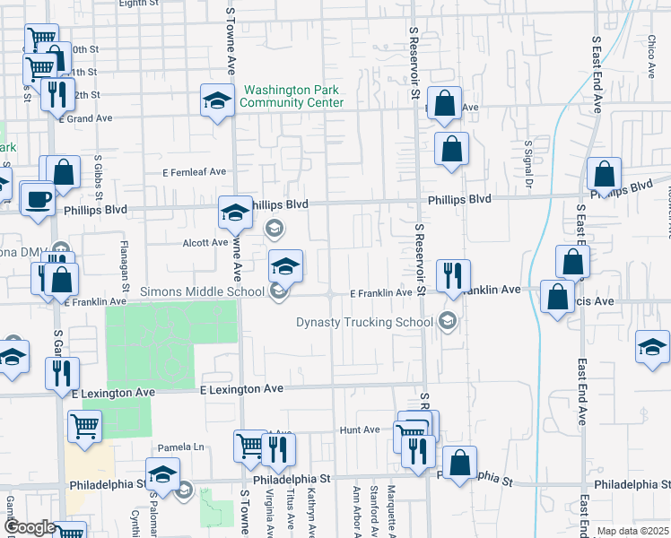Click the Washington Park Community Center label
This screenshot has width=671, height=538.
click(x=292, y=96)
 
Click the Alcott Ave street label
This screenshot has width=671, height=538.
click(x=206, y=242)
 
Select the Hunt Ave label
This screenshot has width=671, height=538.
click(x=360, y=430)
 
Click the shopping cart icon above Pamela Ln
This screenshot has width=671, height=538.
click(x=84, y=427)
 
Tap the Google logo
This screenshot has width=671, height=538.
click(x=29, y=527)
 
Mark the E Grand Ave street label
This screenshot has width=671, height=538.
click(x=86, y=117)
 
